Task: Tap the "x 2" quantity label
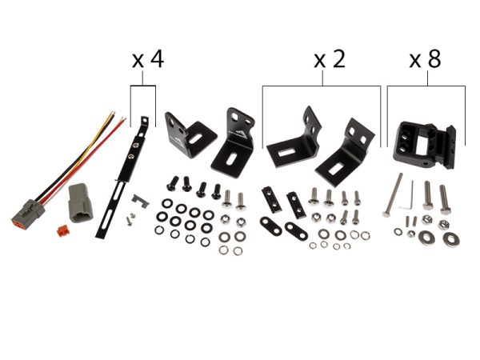click(x=330, y=59)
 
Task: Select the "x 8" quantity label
click(x=426, y=59)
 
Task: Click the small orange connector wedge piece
click(x=62, y=231)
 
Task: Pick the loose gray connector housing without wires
click(x=80, y=203)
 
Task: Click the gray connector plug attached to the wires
click(x=28, y=213)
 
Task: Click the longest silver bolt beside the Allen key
click(x=392, y=195)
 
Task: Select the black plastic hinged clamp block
click(x=425, y=145)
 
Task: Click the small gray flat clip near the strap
click(x=140, y=201)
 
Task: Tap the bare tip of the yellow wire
click(x=113, y=113)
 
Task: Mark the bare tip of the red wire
click(x=124, y=118)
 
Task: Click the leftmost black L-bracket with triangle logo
click(x=190, y=134)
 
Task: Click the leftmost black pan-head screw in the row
click(x=172, y=183)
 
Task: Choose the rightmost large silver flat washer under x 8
click(x=451, y=238)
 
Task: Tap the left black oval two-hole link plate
click(x=270, y=226)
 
